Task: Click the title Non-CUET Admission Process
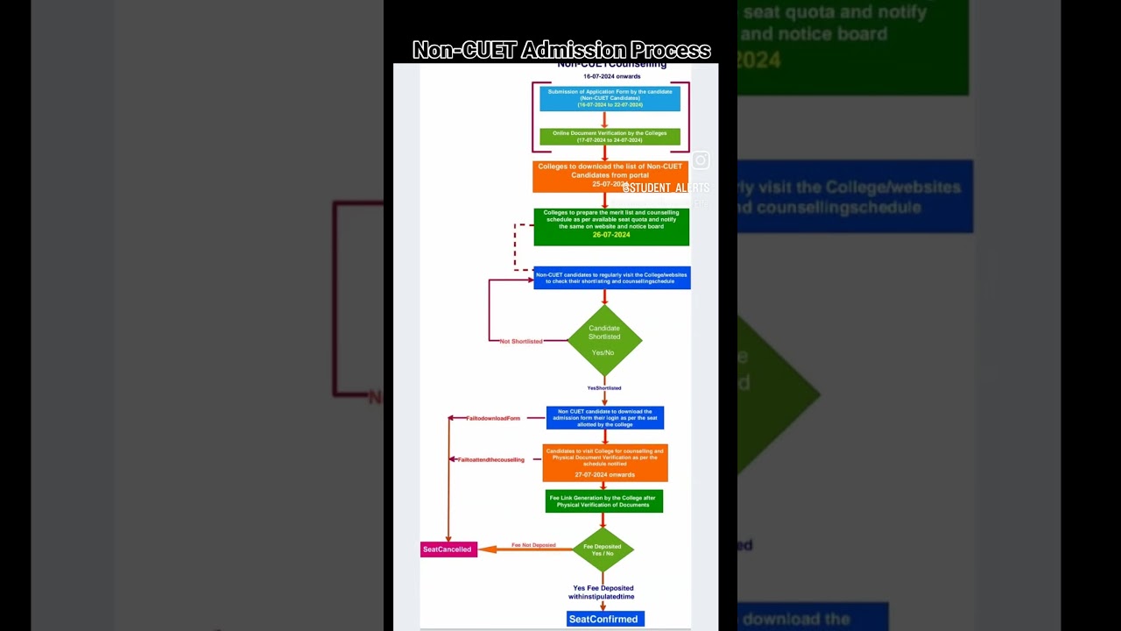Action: [560, 50]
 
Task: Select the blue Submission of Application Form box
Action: [610, 98]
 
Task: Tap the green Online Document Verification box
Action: [610, 137]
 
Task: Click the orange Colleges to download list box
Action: [610, 175]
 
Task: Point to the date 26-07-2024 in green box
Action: [610, 235]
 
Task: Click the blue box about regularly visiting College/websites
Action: [611, 278]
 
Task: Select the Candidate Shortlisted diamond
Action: [604, 340]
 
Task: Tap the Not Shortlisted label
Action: [521, 341]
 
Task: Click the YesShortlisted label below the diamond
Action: [604, 387]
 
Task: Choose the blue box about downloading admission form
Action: [604, 418]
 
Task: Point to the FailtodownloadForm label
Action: [493, 418]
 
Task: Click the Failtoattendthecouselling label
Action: [490, 459]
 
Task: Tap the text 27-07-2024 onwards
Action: [604, 474]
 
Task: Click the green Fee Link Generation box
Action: [603, 501]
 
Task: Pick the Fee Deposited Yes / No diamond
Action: [603, 549]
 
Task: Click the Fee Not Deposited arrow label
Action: [533, 545]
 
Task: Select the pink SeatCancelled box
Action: [448, 549]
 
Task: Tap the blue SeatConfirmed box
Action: [604, 619]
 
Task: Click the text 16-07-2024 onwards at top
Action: [611, 76]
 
